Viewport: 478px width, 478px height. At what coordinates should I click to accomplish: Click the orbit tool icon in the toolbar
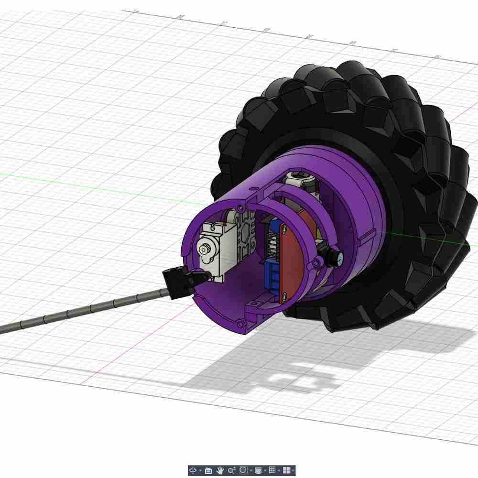[193, 470]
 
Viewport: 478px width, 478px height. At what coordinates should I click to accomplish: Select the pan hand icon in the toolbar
[220, 470]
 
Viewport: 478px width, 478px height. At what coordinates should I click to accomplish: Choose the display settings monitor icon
[259, 470]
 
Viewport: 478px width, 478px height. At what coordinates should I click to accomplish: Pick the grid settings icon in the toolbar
[272, 470]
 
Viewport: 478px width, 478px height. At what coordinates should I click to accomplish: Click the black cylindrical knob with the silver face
[336, 257]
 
